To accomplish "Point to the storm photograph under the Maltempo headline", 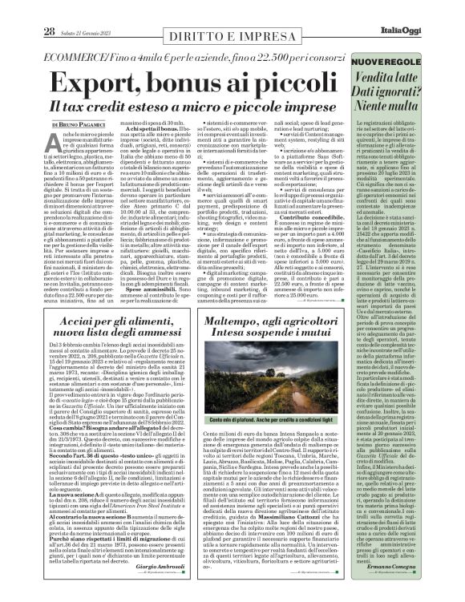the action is pos(279,384).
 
